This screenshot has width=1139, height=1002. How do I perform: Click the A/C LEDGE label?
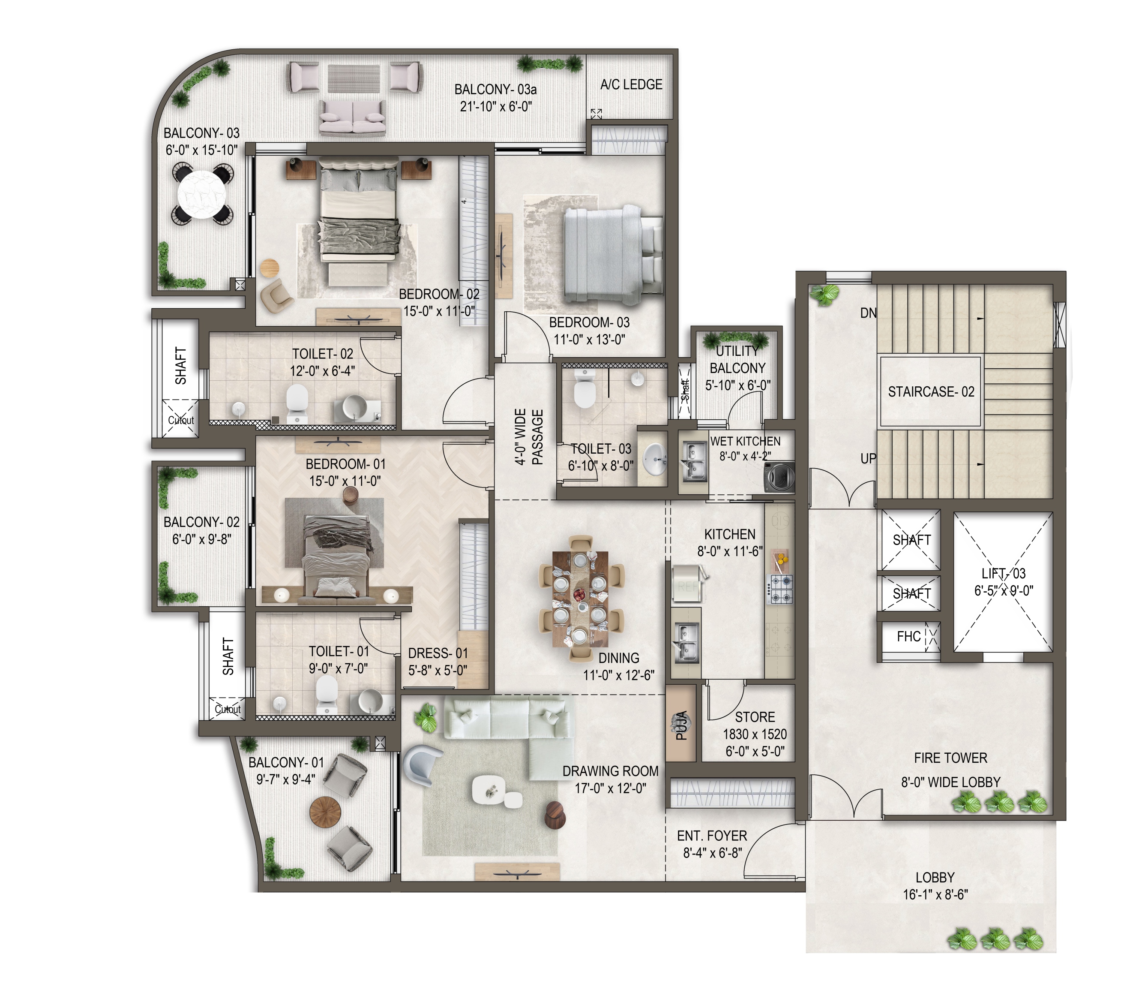pos(631,85)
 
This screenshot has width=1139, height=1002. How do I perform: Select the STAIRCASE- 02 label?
pos(931,392)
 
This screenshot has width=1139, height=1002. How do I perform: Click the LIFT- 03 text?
pos(1004,574)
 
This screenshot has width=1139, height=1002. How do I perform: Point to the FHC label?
pos(909,636)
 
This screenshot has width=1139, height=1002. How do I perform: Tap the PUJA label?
pos(681,725)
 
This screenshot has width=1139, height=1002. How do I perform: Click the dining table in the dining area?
pos(580,599)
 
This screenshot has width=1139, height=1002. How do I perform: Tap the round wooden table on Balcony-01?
pos(325,812)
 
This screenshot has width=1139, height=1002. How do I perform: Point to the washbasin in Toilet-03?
pos(654,458)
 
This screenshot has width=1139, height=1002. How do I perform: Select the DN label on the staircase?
pos(868,313)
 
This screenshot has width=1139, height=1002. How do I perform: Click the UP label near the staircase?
pos(868,458)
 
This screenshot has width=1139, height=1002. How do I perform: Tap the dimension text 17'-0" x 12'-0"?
pos(611,788)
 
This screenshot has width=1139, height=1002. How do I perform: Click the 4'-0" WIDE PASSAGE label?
pos(528,436)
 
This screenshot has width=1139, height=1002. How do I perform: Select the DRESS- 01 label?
pos(438,653)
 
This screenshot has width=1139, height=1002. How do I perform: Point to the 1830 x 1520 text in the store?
pos(755,734)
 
